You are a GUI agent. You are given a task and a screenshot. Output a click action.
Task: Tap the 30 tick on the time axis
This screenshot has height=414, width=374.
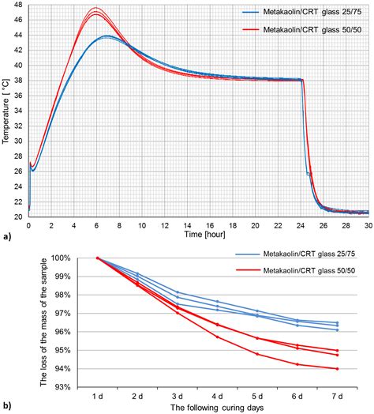tap(368, 225)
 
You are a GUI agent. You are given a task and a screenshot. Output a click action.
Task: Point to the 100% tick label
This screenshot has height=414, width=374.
tap(59, 258)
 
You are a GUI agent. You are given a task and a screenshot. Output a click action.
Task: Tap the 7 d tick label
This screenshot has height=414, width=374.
tap(336, 396)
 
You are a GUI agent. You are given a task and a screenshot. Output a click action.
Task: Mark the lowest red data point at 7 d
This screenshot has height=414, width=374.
tap(337, 369)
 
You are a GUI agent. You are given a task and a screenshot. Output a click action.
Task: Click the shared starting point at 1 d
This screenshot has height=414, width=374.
tap(97, 258)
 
